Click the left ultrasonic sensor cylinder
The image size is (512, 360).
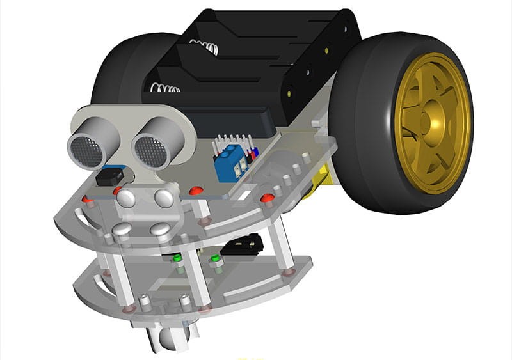90,143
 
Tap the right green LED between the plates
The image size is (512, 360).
216,259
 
